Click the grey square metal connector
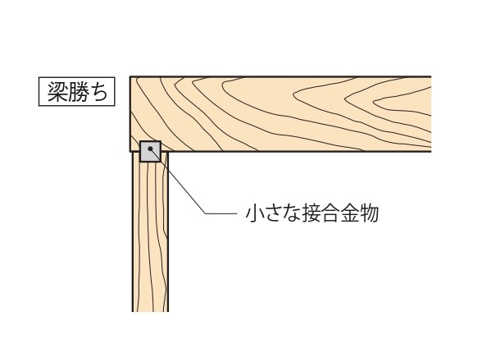(150, 151)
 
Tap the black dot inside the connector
(150, 149)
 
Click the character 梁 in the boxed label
(57, 92)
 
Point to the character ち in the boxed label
(98, 92)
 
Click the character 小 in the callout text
(255, 213)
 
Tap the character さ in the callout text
(273, 213)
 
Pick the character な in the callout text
(291, 213)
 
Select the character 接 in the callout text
(311, 213)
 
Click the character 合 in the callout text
(330, 213)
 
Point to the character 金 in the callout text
(349, 213)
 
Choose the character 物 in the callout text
(369, 213)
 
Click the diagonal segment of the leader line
(178, 181)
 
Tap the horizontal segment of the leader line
(221, 213)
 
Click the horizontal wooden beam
(280, 114)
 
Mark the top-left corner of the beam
(130, 76)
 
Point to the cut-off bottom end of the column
(150, 311)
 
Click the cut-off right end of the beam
(430, 114)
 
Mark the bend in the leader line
(205, 213)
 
